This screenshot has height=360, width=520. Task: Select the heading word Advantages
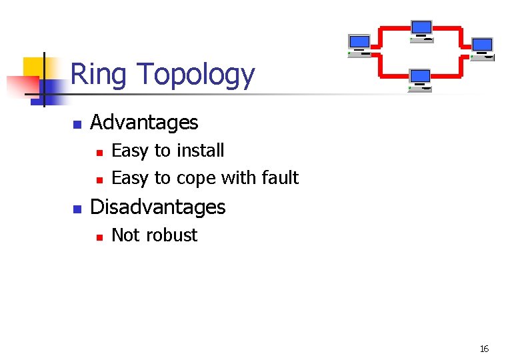pos(144,123)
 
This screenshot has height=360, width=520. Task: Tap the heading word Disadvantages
pos(157,207)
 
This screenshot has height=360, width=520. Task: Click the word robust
pos(171,235)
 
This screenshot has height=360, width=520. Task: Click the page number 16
pos(484,349)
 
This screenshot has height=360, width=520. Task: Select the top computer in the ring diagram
pos(421,31)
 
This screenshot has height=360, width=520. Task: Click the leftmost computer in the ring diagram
pos(359,45)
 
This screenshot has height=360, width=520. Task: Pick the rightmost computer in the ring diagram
pos(482,49)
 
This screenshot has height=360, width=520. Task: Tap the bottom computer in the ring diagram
pos(421,79)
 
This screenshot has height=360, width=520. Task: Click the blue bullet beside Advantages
pos(77,124)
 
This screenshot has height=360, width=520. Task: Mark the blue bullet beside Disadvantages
pos(77,209)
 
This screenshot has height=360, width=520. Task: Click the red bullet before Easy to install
pos(99,152)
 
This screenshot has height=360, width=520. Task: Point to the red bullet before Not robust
pos(99,236)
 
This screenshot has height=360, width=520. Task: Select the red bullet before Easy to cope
pos(99,179)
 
